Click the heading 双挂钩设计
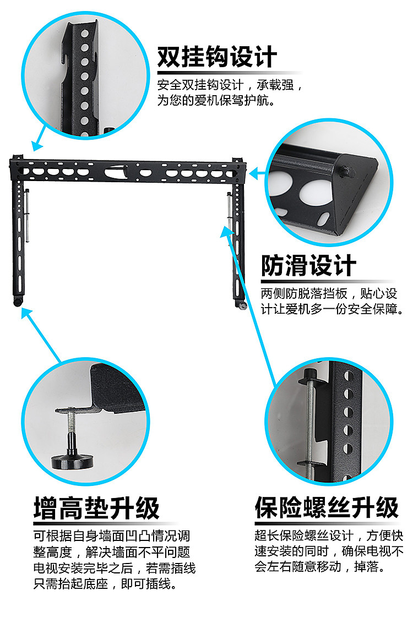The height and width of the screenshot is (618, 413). [x=217, y=57]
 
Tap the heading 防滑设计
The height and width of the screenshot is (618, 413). [x=308, y=266]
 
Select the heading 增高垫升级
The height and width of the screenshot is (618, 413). [x=96, y=507]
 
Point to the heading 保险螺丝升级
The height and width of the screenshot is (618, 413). [x=326, y=507]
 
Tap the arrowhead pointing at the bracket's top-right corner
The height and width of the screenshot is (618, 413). [x=254, y=174]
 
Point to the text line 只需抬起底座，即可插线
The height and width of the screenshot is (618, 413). [x=105, y=583]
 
